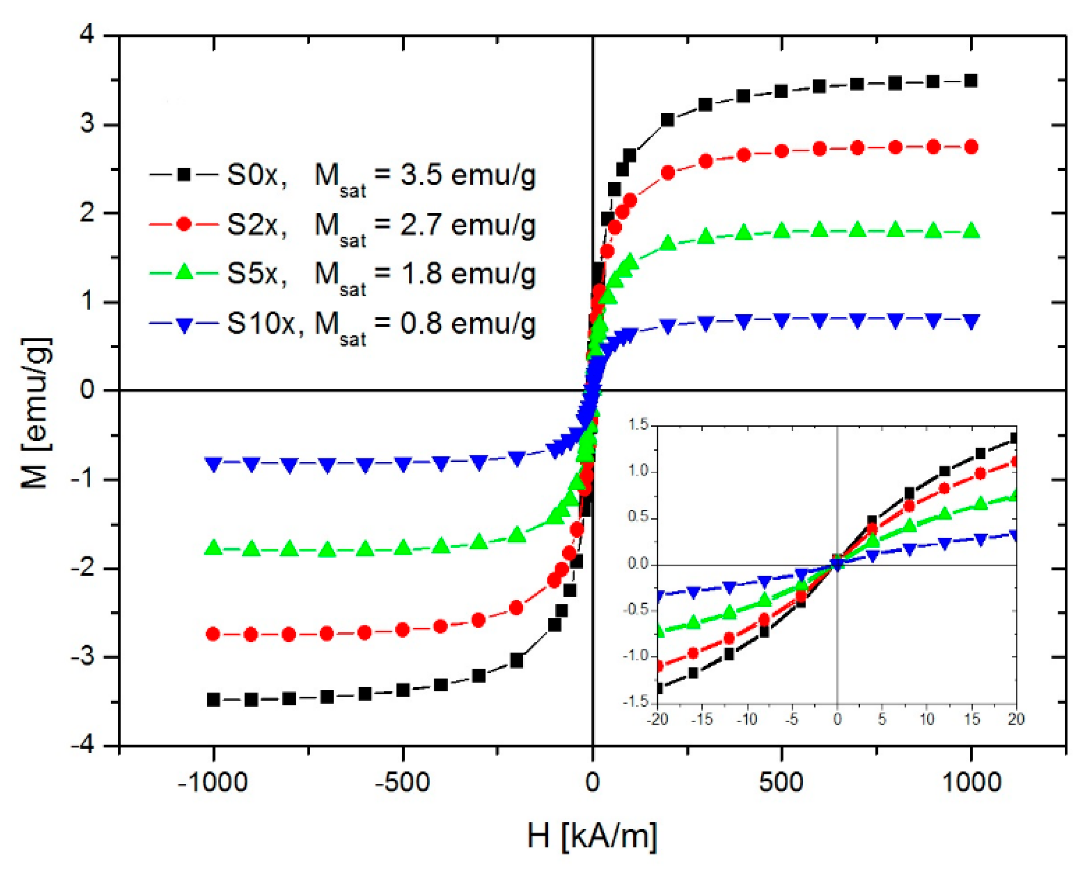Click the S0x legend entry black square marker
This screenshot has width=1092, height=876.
point(184,175)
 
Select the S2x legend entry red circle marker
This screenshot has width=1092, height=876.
point(184,224)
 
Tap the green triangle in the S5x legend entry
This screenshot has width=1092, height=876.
point(184,273)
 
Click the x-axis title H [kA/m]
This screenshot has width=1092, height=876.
point(592,835)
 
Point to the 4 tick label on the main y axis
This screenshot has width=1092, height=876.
point(88,35)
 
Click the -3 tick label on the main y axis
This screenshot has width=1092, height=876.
point(83,657)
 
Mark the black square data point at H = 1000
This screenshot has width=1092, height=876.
point(971,81)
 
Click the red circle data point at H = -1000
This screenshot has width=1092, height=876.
point(213,634)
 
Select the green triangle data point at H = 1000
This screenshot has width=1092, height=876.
point(971,230)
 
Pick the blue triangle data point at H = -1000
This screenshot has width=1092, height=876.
point(213,463)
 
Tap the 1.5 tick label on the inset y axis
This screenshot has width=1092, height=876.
point(638,425)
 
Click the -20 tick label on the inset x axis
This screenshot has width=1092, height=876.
point(657,719)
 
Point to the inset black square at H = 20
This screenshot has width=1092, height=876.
point(1014,438)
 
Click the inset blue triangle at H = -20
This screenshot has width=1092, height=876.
point(658,596)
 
